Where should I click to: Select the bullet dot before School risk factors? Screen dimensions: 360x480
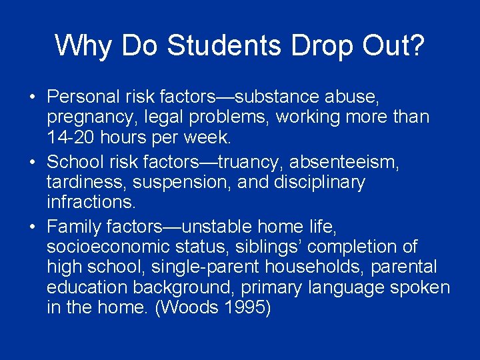(33, 161)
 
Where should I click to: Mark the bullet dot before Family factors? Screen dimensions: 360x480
(33, 225)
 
